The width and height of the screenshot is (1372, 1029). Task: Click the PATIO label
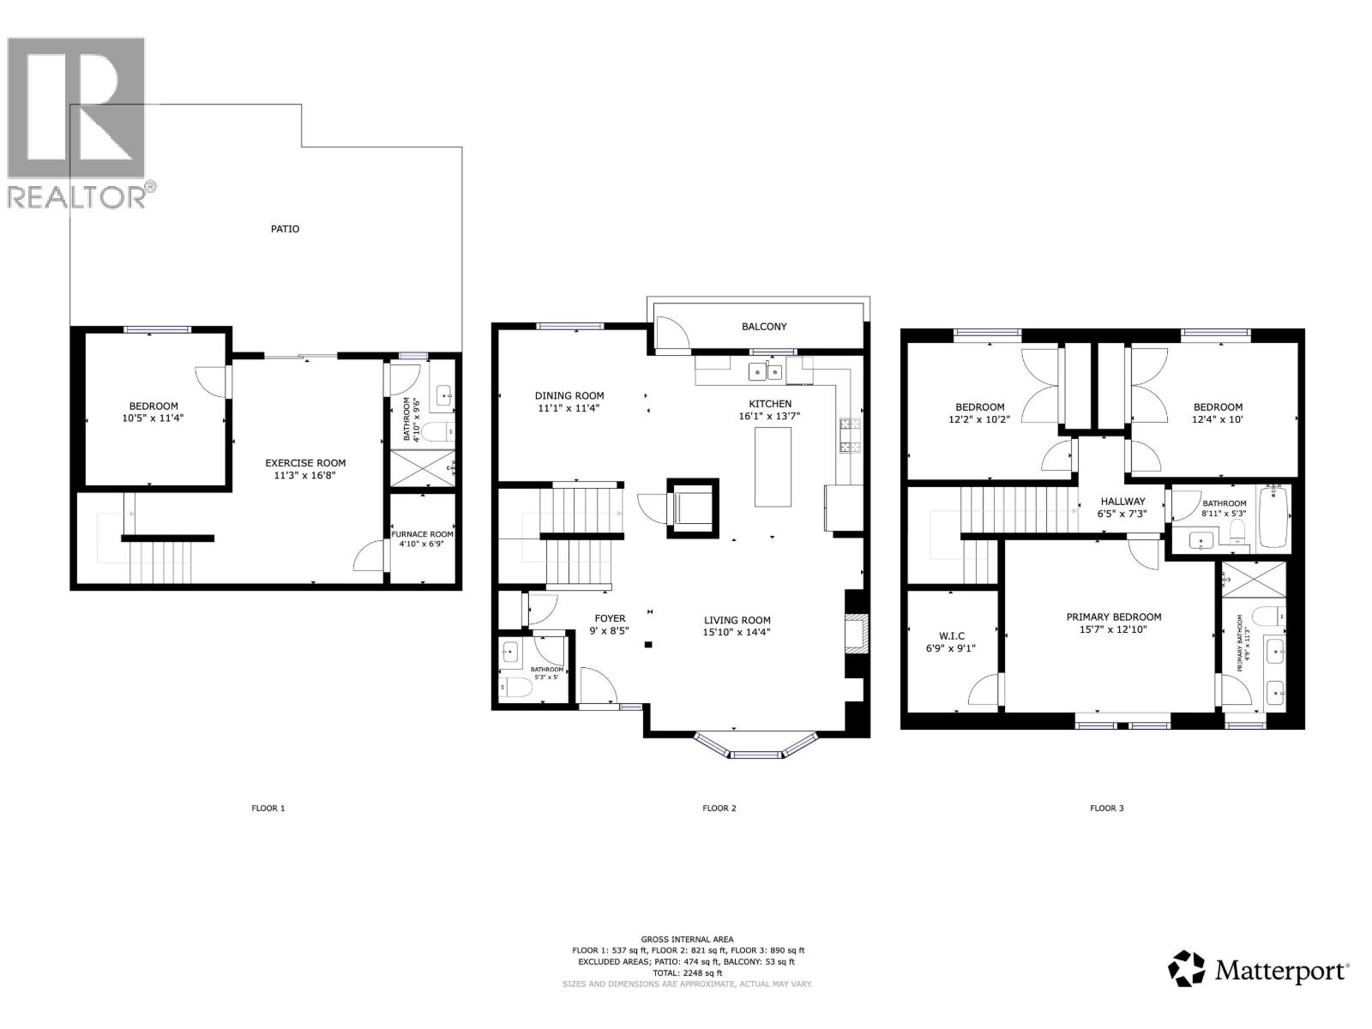(x=285, y=229)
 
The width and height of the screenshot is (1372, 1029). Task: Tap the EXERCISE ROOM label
(x=305, y=463)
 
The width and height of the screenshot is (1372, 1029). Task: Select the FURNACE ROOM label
(x=422, y=534)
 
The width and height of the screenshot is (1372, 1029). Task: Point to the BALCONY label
(x=763, y=327)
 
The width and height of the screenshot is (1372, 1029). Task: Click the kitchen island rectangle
(x=773, y=466)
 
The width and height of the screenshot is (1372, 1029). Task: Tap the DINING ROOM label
(x=569, y=396)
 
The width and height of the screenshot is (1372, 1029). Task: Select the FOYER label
(x=610, y=618)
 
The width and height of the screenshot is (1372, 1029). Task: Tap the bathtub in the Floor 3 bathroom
(x=1274, y=516)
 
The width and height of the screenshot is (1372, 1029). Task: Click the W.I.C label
(x=951, y=635)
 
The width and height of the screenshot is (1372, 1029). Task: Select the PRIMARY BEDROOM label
(x=1113, y=617)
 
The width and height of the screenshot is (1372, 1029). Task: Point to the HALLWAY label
(x=1122, y=502)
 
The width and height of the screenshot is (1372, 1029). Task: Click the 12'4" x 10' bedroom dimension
(x=1217, y=419)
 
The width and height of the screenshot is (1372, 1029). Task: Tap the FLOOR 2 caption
(x=719, y=808)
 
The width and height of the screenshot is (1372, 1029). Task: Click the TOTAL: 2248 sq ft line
(x=688, y=973)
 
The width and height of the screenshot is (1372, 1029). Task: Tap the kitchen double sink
(x=765, y=372)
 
